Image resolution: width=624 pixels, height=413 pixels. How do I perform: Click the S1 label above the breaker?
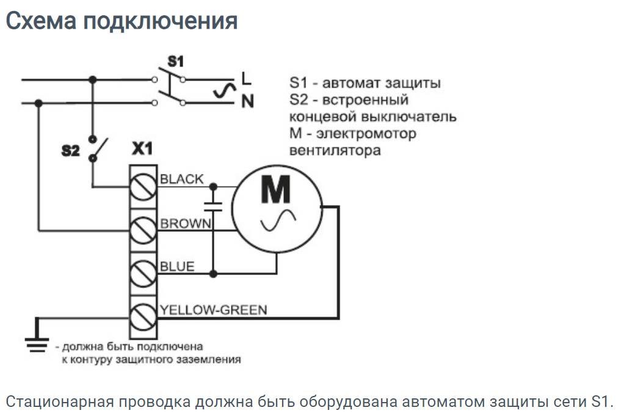(x=175, y=61)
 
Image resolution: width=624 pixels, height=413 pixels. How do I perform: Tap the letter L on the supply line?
(x=246, y=79)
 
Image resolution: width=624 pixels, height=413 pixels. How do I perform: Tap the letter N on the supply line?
(x=247, y=101)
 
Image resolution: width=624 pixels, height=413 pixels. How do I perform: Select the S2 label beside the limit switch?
(x=70, y=150)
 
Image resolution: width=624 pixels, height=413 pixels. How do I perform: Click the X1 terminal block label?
(x=142, y=148)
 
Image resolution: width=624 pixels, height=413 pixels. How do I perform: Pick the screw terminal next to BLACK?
(x=143, y=185)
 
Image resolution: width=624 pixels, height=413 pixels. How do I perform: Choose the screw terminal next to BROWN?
(x=143, y=229)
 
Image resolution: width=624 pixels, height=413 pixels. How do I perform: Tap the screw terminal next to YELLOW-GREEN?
(x=143, y=315)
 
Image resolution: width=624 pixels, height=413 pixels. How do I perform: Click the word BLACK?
(x=181, y=179)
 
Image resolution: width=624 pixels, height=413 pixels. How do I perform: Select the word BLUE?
(x=177, y=267)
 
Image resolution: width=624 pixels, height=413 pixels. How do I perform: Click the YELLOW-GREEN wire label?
(x=213, y=310)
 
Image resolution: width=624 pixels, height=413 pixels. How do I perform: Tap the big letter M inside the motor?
(x=277, y=190)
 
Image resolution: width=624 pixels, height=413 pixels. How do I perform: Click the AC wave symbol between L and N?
(x=224, y=91)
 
